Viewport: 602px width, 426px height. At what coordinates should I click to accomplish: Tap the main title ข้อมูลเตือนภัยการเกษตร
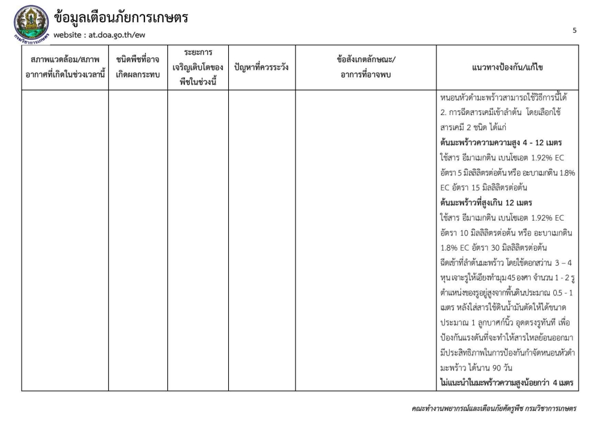coord(121,18)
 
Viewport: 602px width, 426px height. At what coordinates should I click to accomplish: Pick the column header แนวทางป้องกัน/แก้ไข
coord(508,67)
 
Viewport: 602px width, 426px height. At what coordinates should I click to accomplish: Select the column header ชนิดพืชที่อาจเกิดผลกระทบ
coord(138,67)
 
